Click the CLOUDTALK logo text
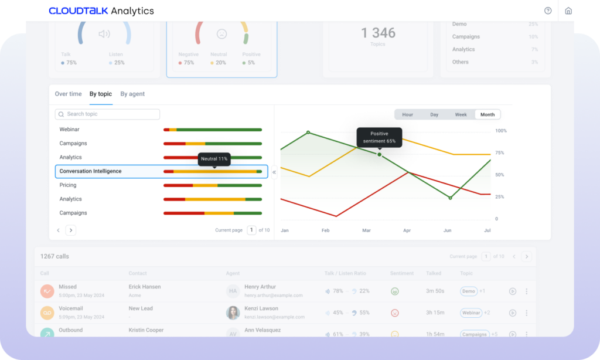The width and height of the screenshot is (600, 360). click(x=78, y=11)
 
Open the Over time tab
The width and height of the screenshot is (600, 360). click(x=68, y=94)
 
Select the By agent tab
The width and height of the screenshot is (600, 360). click(x=132, y=94)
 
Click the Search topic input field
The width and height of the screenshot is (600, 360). click(x=107, y=114)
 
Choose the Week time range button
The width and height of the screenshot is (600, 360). click(x=461, y=115)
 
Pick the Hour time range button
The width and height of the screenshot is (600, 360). click(x=407, y=115)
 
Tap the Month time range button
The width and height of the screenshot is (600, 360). click(x=487, y=115)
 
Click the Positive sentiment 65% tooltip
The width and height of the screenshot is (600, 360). click(x=379, y=137)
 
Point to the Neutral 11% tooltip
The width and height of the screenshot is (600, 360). click(x=214, y=159)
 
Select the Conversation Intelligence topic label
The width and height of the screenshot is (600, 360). click(x=90, y=171)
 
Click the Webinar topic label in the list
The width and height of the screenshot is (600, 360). click(x=69, y=129)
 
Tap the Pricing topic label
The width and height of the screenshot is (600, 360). click(x=68, y=185)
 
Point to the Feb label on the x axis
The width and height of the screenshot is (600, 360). click(x=325, y=230)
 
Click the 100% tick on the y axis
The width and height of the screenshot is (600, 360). click(x=501, y=131)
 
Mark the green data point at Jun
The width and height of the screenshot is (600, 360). click(x=450, y=198)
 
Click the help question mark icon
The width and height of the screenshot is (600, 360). click(x=548, y=11)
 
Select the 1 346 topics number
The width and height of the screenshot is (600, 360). click(x=378, y=33)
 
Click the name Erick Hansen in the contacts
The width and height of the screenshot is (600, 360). click(x=145, y=287)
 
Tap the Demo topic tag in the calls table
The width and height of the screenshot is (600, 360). click(x=469, y=291)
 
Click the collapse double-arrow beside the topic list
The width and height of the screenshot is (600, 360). click(x=274, y=172)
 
